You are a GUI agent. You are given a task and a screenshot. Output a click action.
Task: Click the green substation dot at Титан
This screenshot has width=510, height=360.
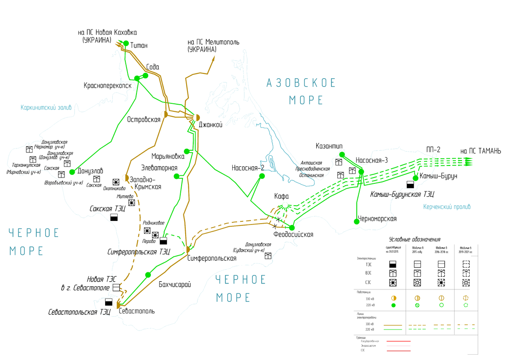tap(126, 43)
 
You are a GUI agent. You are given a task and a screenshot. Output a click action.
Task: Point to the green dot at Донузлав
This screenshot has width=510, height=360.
tap(72, 172)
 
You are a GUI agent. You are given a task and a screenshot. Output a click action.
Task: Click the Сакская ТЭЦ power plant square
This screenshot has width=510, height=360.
tap(114, 217)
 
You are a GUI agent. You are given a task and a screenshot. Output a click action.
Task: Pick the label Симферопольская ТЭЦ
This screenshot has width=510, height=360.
tap(139, 252)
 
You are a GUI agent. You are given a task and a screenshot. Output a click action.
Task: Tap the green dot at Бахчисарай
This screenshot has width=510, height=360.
tap(148, 275)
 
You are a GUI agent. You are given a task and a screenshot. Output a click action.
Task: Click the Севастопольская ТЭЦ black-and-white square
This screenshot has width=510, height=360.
tap(109, 302)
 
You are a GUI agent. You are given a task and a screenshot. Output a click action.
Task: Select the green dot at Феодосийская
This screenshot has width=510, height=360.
tap(292, 228)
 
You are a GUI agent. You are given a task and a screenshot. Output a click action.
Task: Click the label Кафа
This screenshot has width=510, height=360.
tap(281, 196)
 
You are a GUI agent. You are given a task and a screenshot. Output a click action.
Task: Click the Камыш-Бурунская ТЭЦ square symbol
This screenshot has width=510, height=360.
tap(410, 185)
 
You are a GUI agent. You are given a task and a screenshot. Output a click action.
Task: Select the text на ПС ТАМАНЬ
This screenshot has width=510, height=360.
tap(480, 151)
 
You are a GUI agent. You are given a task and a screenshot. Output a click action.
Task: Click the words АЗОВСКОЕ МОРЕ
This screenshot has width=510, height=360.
tap(301, 91)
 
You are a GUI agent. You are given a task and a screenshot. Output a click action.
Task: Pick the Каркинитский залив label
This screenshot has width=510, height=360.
tap(46, 107)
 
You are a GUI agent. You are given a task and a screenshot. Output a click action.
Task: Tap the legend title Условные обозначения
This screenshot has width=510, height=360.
tap(415, 240)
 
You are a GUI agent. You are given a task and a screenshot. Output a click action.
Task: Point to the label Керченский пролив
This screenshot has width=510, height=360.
tap(446, 207)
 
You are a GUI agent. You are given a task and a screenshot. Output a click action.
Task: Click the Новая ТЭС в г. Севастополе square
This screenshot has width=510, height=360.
tap(116, 287)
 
